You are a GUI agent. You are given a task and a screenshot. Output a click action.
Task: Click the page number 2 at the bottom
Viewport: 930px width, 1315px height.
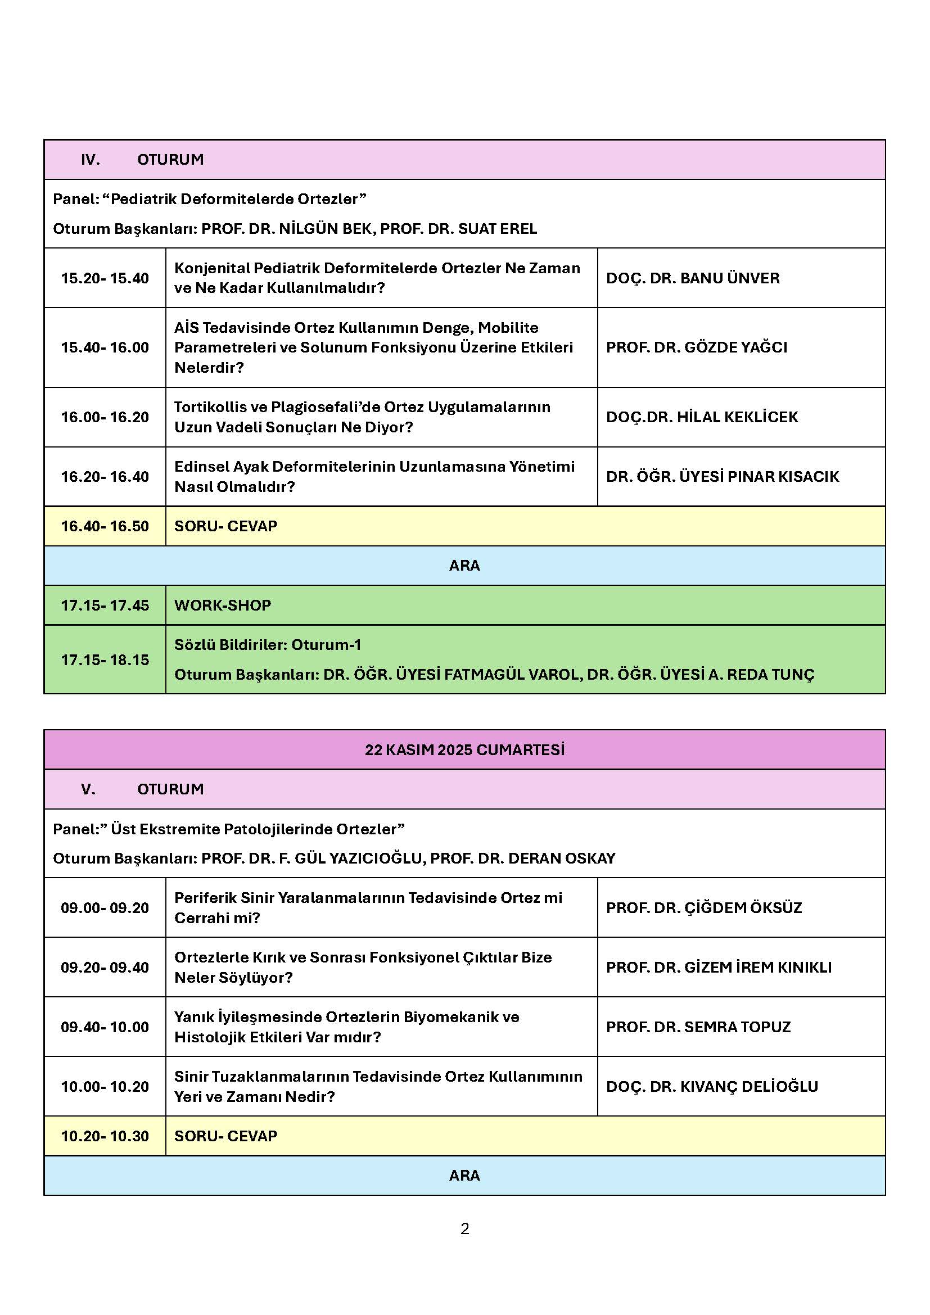click(x=464, y=1228)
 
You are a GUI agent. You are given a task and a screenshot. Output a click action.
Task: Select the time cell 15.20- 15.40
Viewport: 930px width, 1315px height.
click(x=105, y=278)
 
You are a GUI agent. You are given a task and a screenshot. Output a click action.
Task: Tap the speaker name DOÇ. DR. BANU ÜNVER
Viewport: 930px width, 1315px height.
click(x=692, y=278)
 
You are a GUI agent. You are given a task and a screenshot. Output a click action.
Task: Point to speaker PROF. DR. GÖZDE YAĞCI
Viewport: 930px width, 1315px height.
click(x=696, y=347)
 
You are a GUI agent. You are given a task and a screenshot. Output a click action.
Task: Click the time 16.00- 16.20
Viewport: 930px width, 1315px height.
click(x=105, y=417)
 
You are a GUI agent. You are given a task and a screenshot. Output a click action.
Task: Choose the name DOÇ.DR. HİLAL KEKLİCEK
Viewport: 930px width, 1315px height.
click(x=702, y=417)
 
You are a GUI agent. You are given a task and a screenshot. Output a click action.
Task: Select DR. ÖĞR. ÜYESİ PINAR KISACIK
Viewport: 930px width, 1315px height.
click(x=722, y=477)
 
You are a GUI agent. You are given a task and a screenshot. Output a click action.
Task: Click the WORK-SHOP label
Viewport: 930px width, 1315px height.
click(x=223, y=605)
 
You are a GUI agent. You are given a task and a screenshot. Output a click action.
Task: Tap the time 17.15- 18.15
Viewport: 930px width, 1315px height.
click(x=105, y=660)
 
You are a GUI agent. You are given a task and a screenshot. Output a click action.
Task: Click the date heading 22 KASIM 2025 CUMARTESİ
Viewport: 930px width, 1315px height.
click(x=464, y=750)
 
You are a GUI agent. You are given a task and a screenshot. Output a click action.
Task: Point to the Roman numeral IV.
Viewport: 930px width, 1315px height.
click(x=91, y=160)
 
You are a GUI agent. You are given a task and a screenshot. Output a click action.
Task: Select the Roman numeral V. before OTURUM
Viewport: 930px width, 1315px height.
click(x=88, y=789)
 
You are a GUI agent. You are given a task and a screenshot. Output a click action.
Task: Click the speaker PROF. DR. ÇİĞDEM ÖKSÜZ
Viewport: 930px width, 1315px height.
click(x=704, y=908)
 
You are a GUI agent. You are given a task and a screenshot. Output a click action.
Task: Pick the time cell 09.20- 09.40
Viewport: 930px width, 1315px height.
click(x=105, y=968)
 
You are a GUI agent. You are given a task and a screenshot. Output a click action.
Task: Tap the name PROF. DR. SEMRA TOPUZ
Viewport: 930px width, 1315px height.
click(x=698, y=1027)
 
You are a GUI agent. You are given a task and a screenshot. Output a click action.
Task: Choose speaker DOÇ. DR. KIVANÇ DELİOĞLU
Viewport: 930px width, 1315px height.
click(x=712, y=1087)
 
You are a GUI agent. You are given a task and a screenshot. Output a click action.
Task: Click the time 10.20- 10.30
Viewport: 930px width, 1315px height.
click(x=105, y=1136)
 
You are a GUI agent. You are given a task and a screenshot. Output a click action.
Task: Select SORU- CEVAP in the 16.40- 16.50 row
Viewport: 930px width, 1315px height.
click(x=225, y=526)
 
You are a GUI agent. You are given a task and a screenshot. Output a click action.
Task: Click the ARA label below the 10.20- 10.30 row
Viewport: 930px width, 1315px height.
click(x=464, y=1176)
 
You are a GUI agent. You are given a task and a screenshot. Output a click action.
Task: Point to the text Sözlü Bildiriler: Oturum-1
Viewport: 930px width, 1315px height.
click(x=268, y=645)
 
